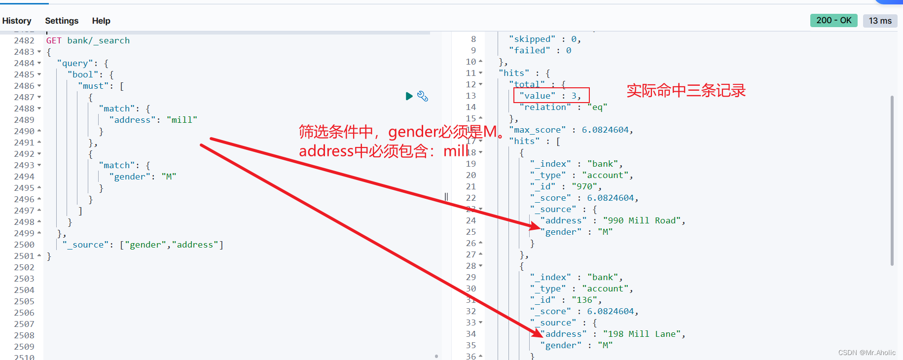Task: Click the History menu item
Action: (x=17, y=21)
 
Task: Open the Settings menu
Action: (x=62, y=21)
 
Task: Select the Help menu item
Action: (x=101, y=21)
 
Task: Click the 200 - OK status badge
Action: (x=833, y=20)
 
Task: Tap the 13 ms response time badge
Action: (x=880, y=21)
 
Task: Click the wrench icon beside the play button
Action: (x=423, y=96)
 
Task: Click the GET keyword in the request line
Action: (x=54, y=40)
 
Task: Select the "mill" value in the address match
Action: (x=182, y=120)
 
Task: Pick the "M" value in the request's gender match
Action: (x=169, y=177)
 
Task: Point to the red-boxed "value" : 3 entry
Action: (x=551, y=96)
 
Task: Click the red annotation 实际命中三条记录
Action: (x=686, y=91)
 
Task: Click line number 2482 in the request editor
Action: (x=24, y=40)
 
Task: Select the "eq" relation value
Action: (x=597, y=107)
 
